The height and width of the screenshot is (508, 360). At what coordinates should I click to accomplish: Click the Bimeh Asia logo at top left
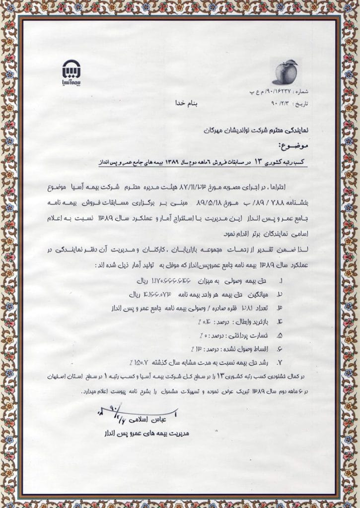point(69,72)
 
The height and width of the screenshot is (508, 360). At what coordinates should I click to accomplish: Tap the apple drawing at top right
point(287,72)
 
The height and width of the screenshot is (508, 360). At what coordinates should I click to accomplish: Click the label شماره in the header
point(300,93)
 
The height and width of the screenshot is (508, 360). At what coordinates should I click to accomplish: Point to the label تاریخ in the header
point(301,105)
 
